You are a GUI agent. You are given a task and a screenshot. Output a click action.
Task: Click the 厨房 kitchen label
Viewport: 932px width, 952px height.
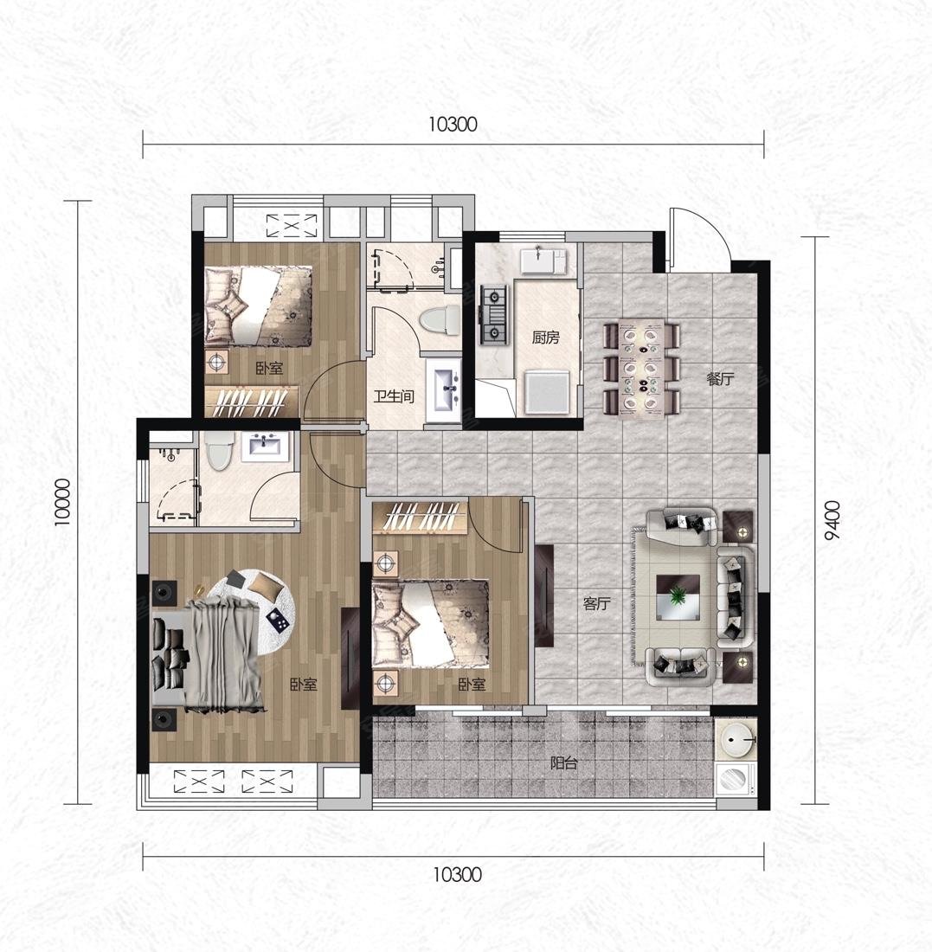[545, 337]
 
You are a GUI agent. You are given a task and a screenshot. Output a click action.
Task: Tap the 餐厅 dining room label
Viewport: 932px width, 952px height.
[720, 379]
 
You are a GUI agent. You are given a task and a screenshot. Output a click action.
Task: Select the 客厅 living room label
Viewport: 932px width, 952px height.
[596, 603]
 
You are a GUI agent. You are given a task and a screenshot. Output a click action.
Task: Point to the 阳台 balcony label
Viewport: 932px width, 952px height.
[563, 763]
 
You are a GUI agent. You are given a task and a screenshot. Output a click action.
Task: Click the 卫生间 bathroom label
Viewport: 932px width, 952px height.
[394, 397]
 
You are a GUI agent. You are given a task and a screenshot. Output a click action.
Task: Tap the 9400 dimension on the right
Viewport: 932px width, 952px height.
[832, 520]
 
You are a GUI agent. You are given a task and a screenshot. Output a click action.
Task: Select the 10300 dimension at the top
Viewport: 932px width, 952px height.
[453, 125]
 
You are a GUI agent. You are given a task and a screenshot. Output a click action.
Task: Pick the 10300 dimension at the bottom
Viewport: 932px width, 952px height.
[457, 875]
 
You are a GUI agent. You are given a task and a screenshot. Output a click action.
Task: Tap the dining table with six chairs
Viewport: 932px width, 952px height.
[642, 370]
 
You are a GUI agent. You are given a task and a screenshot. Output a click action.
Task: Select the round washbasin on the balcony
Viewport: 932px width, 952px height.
[736, 740]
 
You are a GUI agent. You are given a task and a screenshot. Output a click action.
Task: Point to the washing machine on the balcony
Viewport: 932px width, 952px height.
[736, 779]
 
